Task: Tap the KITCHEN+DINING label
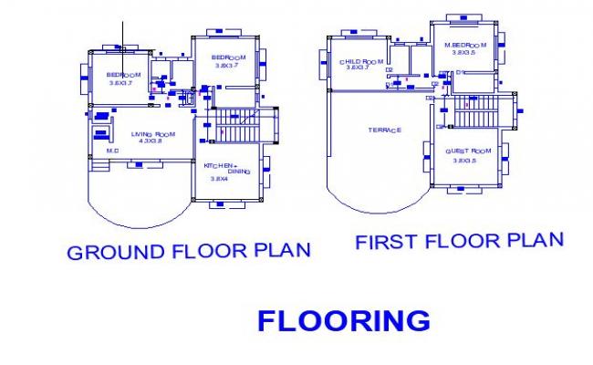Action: point(221,168)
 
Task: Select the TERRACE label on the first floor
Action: point(384,130)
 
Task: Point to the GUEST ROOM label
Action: point(469,151)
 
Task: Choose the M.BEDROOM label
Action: point(465,45)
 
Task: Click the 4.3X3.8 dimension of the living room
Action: point(150,141)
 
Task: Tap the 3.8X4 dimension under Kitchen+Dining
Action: point(219,179)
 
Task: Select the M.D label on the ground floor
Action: point(113,151)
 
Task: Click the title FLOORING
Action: point(344,320)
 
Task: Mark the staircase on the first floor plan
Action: point(474,115)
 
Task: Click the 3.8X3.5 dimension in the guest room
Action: point(467,161)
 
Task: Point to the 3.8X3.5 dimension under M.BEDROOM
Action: point(465,53)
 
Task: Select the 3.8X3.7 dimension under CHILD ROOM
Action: point(358,68)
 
